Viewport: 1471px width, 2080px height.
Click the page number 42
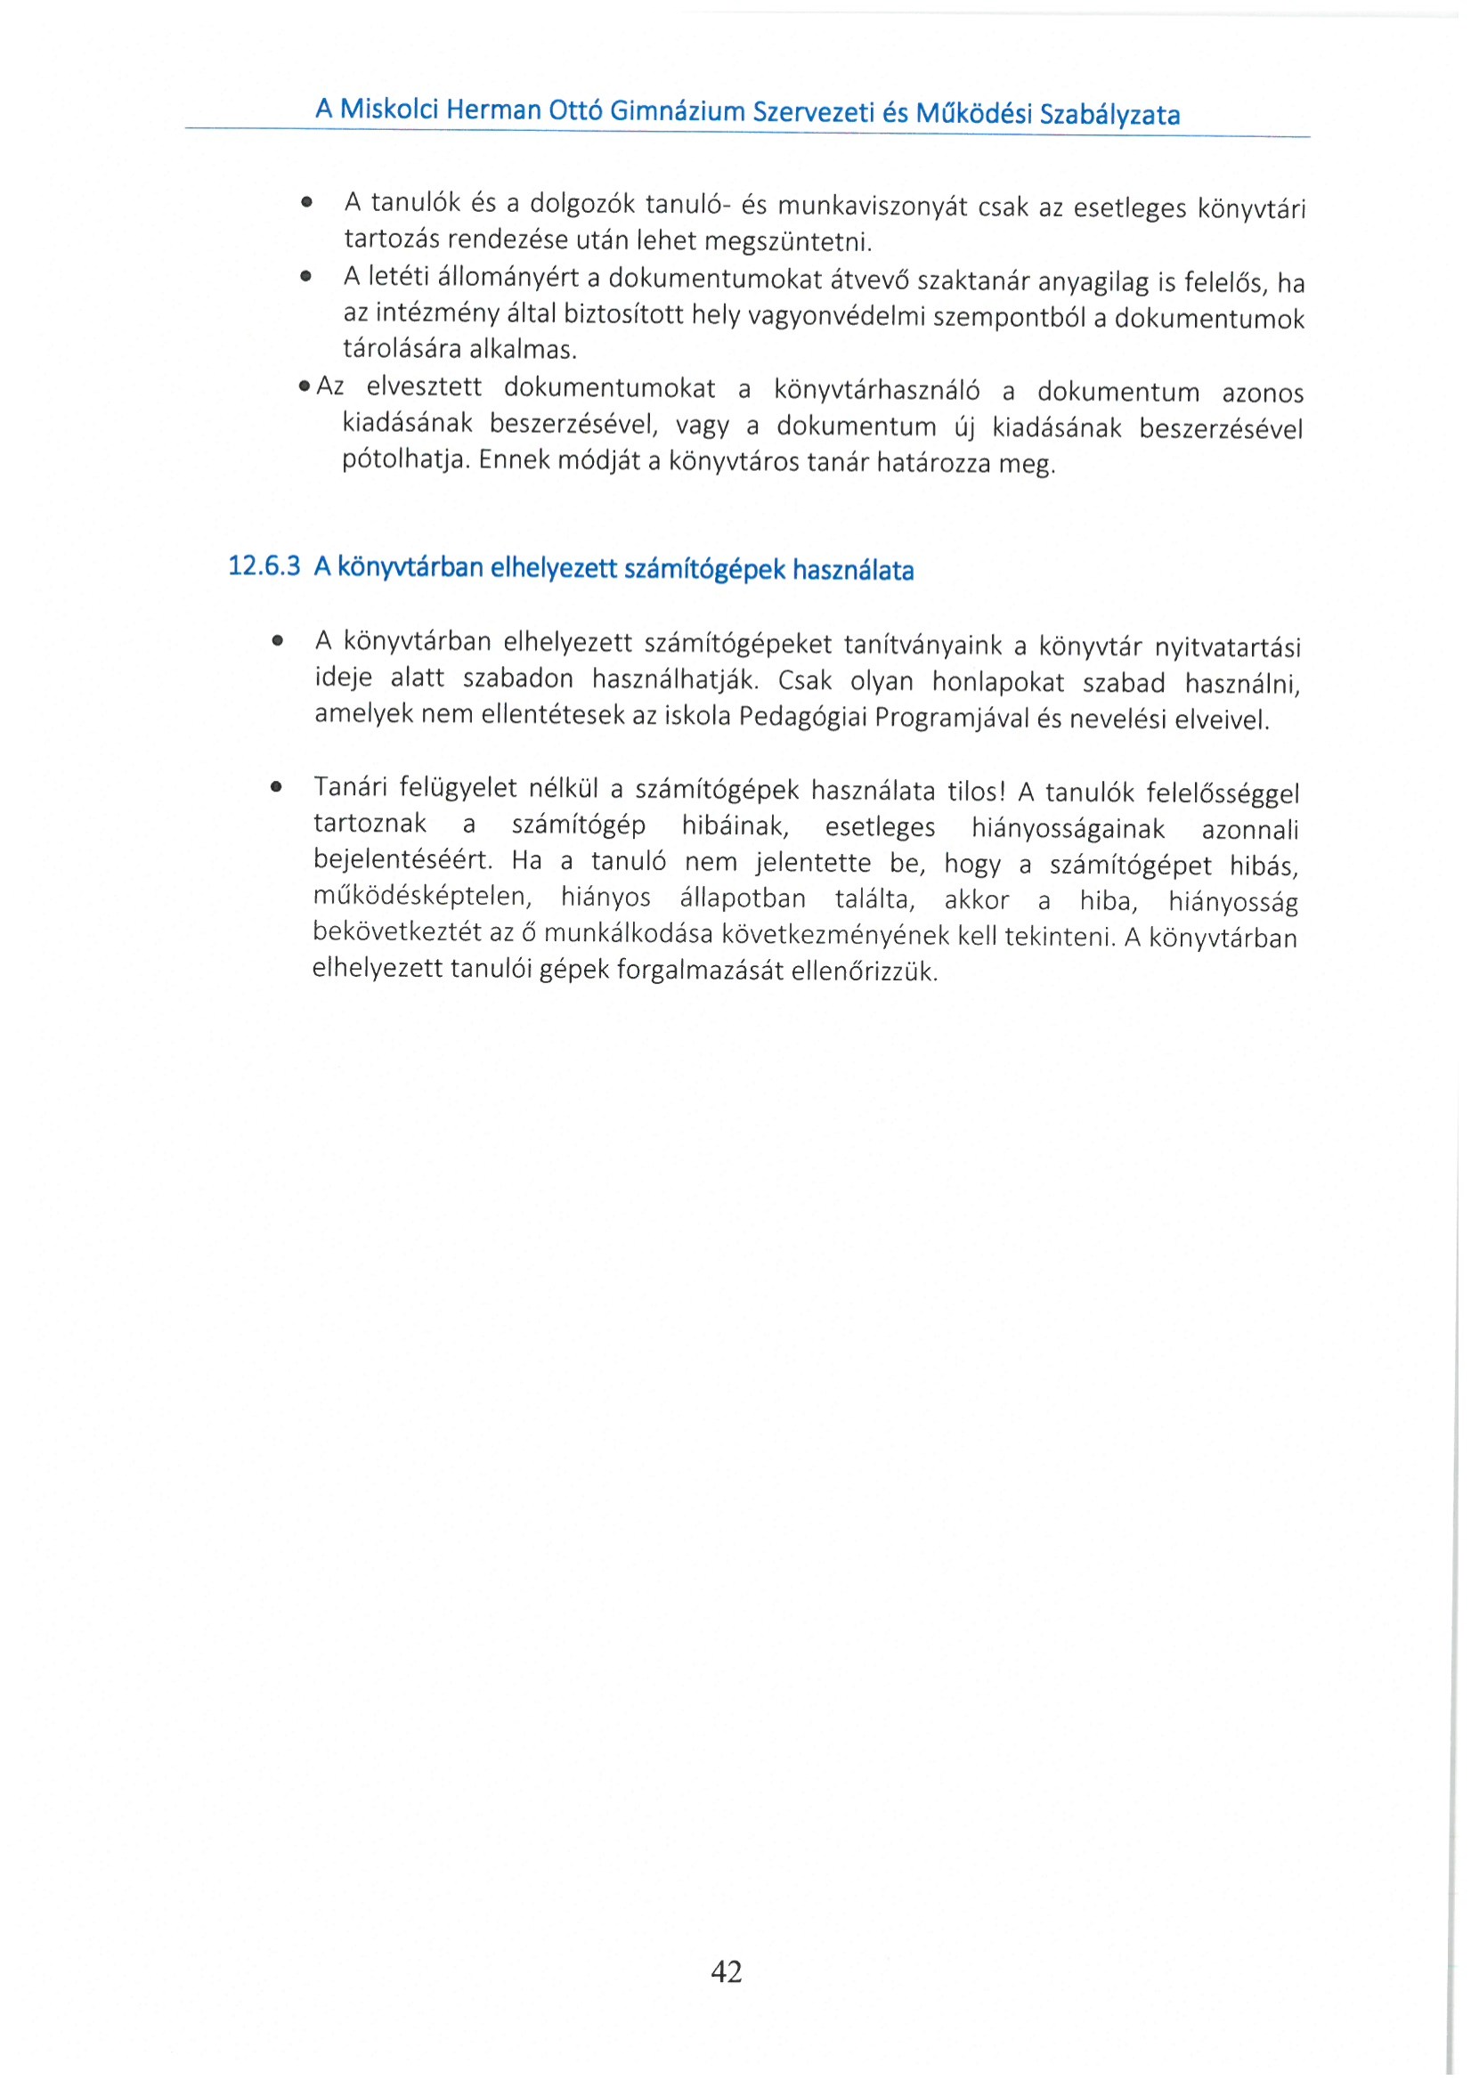(x=727, y=1971)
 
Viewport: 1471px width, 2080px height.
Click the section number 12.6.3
(x=264, y=566)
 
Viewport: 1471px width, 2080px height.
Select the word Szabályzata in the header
(x=1109, y=115)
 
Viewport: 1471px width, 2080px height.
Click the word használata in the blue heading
(x=852, y=571)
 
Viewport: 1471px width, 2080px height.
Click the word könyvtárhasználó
(x=876, y=391)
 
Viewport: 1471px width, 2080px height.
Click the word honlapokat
(x=998, y=681)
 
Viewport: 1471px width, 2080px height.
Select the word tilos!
(x=976, y=792)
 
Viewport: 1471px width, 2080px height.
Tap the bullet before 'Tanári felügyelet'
(x=276, y=787)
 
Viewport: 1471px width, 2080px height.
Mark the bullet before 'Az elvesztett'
(x=305, y=386)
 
